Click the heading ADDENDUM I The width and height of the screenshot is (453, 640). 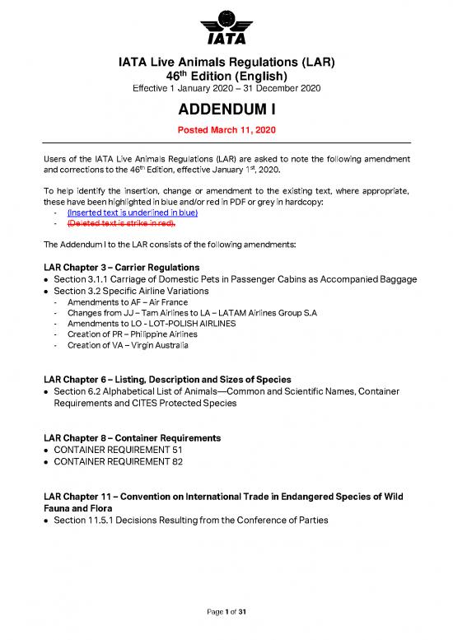[x=226, y=111]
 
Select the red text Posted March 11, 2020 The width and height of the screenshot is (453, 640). [x=226, y=130]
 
